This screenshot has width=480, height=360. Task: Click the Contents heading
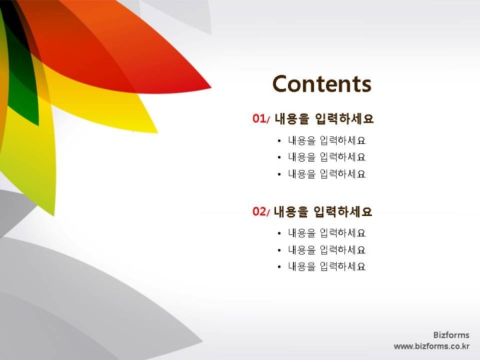tap(322, 83)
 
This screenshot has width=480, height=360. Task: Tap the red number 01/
tap(261, 119)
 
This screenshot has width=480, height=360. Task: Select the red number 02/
tap(261, 211)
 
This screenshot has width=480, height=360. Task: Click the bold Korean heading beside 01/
tap(324, 119)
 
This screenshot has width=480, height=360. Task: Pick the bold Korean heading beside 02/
tap(323, 212)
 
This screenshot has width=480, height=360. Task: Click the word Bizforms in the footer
tap(451, 335)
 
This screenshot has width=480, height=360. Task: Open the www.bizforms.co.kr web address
tap(431, 346)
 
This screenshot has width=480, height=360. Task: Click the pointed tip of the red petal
tap(211, 88)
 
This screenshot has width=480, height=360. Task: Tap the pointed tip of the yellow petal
tap(157, 133)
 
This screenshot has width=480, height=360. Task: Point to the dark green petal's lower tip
tap(38, 125)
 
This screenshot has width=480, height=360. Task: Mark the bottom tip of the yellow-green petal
tap(54, 215)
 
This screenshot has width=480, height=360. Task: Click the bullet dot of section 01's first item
tap(279, 141)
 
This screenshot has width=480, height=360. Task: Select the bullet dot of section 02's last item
tap(279, 267)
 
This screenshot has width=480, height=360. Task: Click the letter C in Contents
tap(280, 83)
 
